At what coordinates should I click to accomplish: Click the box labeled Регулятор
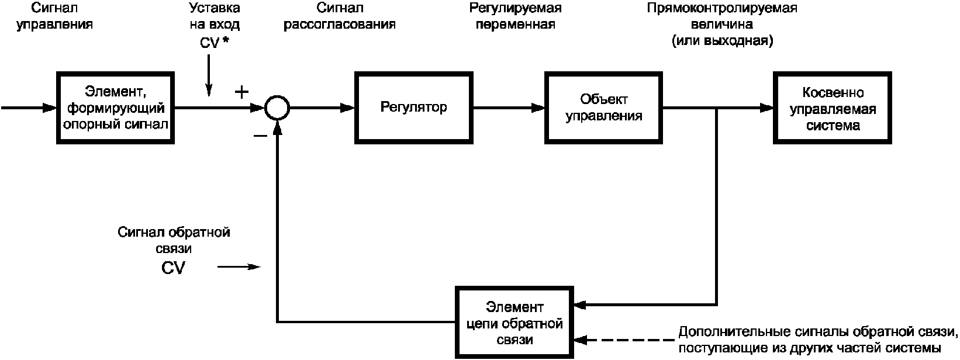414,108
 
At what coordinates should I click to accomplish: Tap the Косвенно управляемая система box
833,108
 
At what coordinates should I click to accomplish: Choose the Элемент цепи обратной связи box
515,323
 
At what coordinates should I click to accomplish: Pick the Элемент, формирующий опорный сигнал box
116,108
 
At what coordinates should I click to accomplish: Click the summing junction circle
276,108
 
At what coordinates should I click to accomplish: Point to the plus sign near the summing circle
241,92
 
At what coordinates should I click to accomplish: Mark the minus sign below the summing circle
260,136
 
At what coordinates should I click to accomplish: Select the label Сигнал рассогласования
340,16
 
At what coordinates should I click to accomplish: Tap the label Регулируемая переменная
516,16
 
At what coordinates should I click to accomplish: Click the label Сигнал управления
54,16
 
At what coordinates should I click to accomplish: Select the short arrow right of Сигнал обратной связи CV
239,267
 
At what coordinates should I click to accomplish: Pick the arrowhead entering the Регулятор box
348,108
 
